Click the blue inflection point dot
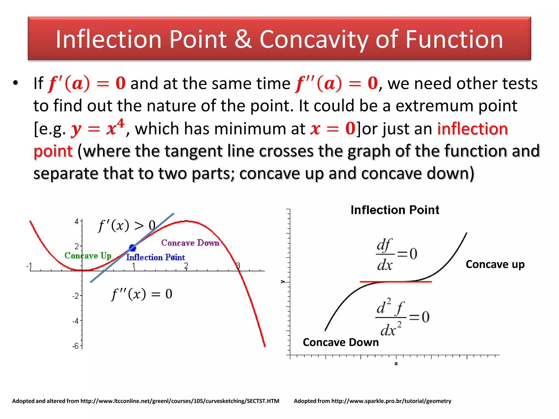[x=132, y=248]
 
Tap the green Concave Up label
[x=88, y=256]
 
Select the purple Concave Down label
[x=190, y=243]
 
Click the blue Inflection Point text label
[x=155, y=257]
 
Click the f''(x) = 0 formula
[x=142, y=294]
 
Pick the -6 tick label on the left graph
[x=75, y=346]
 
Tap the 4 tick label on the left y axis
[x=77, y=222]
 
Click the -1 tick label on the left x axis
[x=29, y=266]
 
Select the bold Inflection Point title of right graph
[x=395, y=210]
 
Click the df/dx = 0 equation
[x=396, y=254]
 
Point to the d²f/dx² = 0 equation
[x=402, y=317]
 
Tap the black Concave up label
[x=495, y=264]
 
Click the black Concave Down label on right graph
[x=341, y=342]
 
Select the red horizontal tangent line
[x=396, y=282]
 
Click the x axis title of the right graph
[x=396, y=364]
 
